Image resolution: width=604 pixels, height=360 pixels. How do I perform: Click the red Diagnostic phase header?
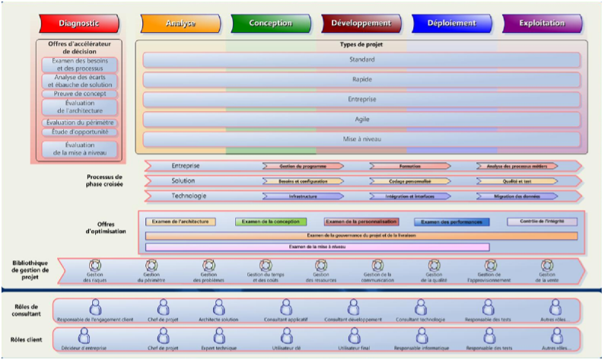click(x=79, y=24)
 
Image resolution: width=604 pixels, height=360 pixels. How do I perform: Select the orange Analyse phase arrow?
click(x=180, y=24)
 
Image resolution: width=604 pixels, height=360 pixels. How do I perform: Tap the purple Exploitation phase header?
click(x=542, y=24)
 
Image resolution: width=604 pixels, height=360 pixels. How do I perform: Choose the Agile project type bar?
click(x=361, y=119)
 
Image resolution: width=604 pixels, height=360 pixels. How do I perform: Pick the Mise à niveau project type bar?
click(x=361, y=139)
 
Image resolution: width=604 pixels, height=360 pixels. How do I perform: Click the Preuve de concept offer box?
click(x=80, y=95)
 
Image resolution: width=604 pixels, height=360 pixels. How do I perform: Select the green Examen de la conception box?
click(x=271, y=222)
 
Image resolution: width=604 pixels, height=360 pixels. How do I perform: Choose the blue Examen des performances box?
click(x=452, y=222)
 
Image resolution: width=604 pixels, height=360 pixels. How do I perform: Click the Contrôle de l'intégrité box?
click(x=542, y=221)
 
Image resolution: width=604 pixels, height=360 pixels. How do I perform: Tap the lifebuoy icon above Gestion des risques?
click(x=95, y=266)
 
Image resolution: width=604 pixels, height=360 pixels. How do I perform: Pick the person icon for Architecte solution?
click(x=219, y=306)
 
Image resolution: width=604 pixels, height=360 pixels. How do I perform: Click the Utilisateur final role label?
click(x=352, y=348)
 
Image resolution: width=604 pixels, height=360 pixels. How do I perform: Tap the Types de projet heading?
click(x=361, y=45)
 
